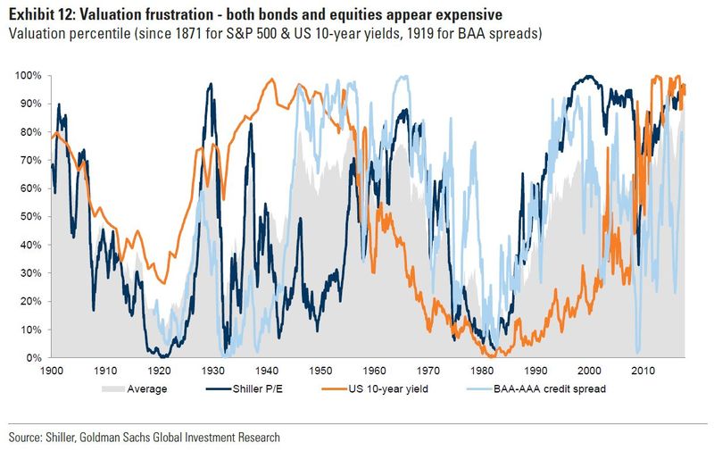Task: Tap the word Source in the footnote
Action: click(28, 438)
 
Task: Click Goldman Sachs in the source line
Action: click(134, 438)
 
